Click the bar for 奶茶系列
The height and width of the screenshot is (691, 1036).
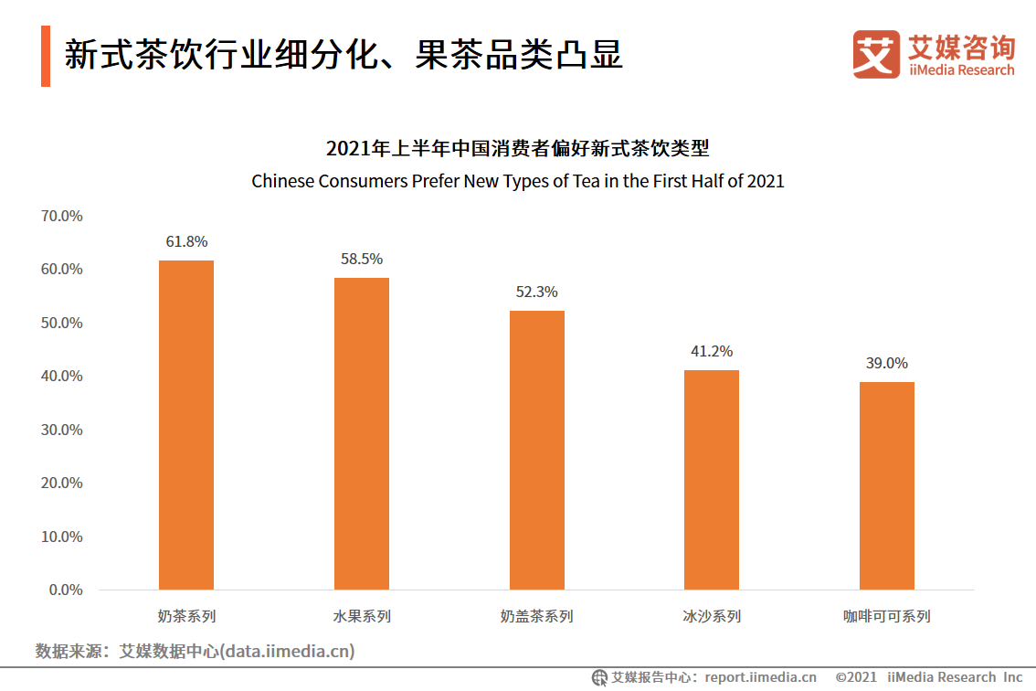pos(186,425)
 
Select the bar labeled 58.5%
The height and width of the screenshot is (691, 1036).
pos(362,433)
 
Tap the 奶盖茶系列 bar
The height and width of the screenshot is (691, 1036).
pos(537,450)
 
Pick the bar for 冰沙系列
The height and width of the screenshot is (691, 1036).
pos(712,480)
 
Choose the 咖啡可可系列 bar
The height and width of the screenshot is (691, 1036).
pos(887,485)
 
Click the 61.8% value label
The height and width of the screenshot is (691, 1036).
pos(186,242)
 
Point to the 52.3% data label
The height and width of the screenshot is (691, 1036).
pos(537,292)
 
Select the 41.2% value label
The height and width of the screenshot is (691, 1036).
pos(712,352)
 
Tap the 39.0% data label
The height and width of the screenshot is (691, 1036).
pos(887,364)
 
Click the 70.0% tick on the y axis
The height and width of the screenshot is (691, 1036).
pos(62,217)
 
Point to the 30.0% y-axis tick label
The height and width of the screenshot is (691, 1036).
pos(62,430)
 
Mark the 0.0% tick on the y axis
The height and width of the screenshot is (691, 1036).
pos(66,590)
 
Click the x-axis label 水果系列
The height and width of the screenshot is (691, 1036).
pos(362,616)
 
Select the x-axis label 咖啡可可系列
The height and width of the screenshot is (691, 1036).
pos(887,616)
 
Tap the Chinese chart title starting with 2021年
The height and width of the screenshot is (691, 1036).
pos(518,148)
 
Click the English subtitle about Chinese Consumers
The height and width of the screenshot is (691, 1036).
pos(518,181)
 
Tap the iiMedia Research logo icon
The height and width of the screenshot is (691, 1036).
pos(876,54)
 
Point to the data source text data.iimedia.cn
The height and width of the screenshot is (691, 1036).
pos(195,652)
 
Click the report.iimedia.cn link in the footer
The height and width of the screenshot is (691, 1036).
pos(760,677)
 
